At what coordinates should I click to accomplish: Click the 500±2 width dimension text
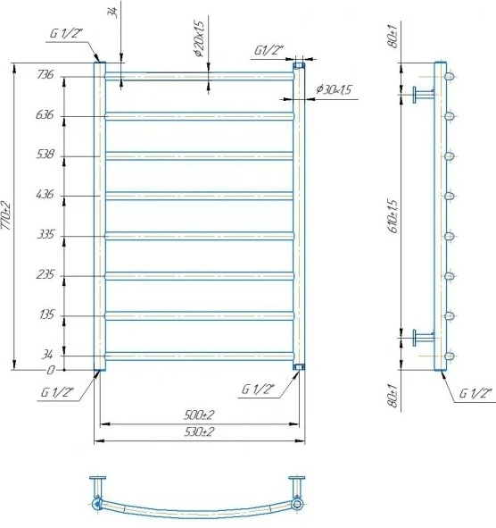pyautogui.click(x=202, y=415)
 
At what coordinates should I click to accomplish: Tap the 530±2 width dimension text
pyautogui.click(x=202, y=432)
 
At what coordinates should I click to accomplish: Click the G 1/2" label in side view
pyautogui.click(x=475, y=394)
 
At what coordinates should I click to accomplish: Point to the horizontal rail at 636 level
pyautogui.click(x=200, y=115)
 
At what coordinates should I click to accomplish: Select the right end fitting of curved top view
pyautogui.click(x=299, y=506)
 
